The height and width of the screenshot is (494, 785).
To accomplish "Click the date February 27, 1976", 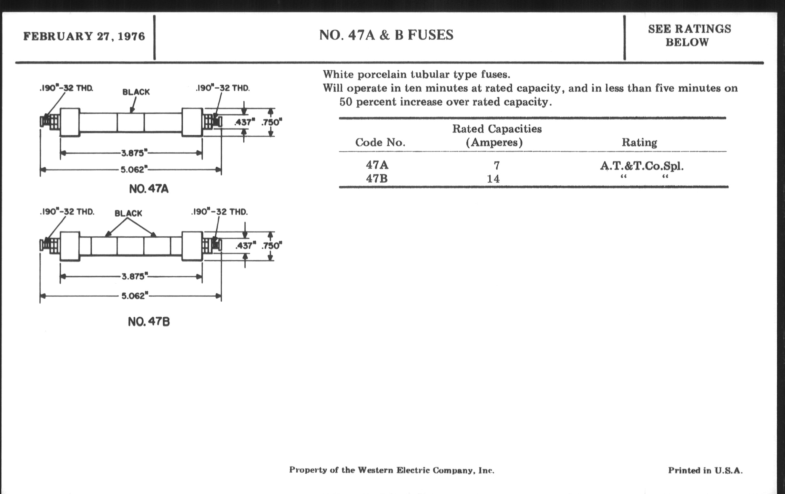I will pyautogui.click(x=84, y=36).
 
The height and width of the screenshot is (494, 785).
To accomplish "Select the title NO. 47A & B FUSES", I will pyautogui.click(x=386, y=35).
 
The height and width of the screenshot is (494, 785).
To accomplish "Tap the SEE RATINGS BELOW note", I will pyautogui.click(x=689, y=36).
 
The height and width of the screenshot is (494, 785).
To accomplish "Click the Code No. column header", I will pyautogui.click(x=380, y=142).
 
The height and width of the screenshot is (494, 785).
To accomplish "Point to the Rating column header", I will pyautogui.click(x=639, y=142).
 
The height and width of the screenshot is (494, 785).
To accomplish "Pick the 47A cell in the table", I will pyautogui.click(x=377, y=165).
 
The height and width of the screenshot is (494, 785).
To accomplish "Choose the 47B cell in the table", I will pyautogui.click(x=377, y=179).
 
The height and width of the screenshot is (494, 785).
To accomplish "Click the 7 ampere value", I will pyautogui.click(x=496, y=166).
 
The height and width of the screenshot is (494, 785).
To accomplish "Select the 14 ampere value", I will pyautogui.click(x=493, y=179).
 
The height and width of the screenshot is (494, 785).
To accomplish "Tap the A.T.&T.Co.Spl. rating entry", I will pyautogui.click(x=642, y=166).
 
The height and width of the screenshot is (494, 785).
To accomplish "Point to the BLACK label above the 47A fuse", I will pyautogui.click(x=136, y=92).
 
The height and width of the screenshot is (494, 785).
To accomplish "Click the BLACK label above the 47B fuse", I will pyautogui.click(x=128, y=213).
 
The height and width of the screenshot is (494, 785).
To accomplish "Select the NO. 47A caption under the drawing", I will pyautogui.click(x=149, y=189).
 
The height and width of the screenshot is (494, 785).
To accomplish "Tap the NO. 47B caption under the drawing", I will pyautogui.click(x=149, y=322).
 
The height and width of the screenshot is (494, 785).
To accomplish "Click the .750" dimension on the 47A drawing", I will pyautogui.click(x=271, y=122).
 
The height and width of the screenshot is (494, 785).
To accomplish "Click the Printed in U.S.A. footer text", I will pyautogui.click(x=705, y=470).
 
